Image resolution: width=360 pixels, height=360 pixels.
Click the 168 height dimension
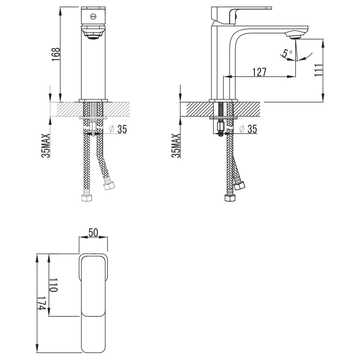(56, 54)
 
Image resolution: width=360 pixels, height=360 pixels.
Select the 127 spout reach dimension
(260, 72)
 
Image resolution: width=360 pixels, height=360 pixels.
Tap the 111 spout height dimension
(318, 70)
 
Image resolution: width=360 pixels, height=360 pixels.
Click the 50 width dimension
(93, 233)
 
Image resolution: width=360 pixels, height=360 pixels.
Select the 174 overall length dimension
(41, 303)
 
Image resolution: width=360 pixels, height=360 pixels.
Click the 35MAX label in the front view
(46, 145)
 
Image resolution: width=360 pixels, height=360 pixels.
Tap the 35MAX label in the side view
(176, 145)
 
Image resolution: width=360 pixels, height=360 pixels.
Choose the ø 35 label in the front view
(118, 129)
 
